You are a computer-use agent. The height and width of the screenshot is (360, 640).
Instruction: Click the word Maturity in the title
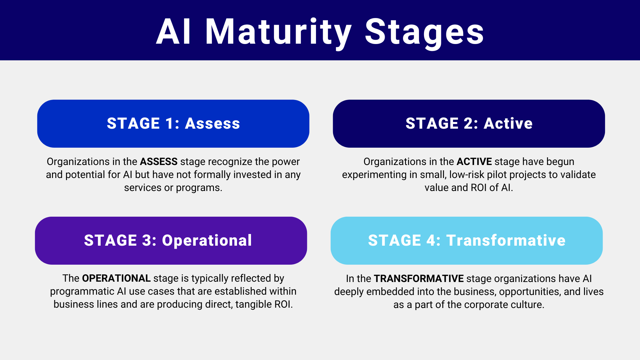click(x=278, y=32)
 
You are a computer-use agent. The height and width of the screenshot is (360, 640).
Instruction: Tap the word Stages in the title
click(x=424, y=32)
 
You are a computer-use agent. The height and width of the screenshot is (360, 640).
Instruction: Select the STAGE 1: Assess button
click(x=173, y=124)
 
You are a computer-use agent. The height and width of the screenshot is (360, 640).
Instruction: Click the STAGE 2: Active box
click(x=469, y=124)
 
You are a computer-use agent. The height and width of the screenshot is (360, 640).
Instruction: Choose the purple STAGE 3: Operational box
click(x=171, y=241)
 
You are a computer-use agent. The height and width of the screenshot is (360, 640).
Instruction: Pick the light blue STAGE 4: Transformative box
click(x=466, y=241)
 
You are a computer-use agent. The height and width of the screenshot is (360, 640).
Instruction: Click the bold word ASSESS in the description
click(x=158, y=162)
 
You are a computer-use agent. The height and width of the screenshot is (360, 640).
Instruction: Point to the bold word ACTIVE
click(x=474, y=162)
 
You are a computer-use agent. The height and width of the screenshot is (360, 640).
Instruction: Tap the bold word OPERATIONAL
click(x=116, y=278)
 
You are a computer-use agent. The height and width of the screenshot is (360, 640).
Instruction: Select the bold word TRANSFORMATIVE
click(x=418, y=279)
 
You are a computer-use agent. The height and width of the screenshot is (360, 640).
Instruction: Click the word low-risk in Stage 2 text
click(x=467, y=175)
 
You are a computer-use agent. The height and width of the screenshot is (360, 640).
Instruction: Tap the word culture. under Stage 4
click(x=527, y=305)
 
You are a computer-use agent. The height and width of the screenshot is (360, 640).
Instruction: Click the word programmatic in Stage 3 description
click(x=82, y=291)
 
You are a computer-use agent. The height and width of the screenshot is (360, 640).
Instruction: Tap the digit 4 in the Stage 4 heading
click(x=430, y=241)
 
